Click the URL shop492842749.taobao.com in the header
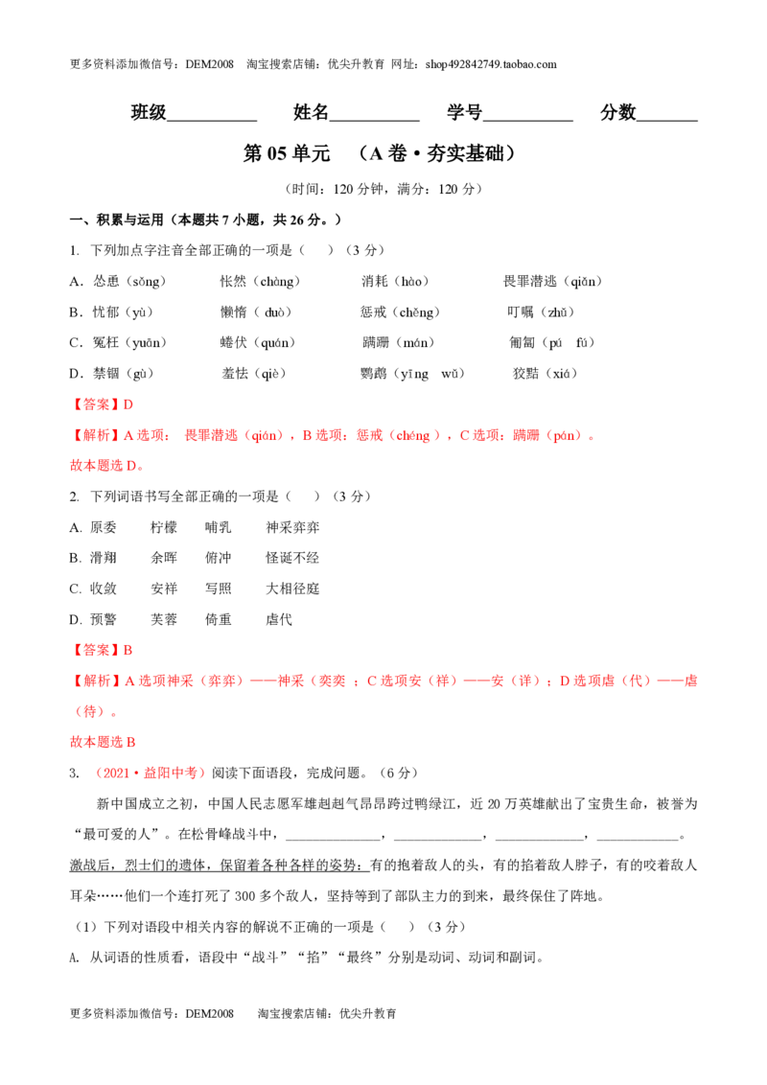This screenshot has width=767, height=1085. (x=491, y=64)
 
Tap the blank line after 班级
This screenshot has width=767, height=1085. (x=212, y=121)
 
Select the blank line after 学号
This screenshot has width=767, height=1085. (x=527, y=121)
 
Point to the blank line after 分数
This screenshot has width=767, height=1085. (x=666, y=121)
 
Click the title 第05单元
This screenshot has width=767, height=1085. (x=287, y=153)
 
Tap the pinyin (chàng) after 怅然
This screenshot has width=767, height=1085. (x=276, y=282)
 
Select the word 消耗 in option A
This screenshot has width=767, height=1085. (x=375, y=282)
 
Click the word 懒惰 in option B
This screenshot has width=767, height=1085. (x=233, y=312)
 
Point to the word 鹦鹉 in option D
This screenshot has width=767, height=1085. (x=374, y=374)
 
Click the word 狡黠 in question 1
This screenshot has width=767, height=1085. (x=525, y=374)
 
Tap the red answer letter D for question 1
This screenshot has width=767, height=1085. (x=128, y=404)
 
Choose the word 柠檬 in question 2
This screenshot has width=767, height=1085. (x=164, y=527)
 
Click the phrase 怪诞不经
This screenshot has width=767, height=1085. (x=292, y=558)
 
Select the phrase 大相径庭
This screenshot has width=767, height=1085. (x=292, y=589)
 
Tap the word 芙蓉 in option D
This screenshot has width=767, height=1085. (x=164, y=619)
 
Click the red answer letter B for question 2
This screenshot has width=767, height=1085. (x=128, y=651)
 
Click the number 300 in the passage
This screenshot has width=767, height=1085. (x=245, y=896)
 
